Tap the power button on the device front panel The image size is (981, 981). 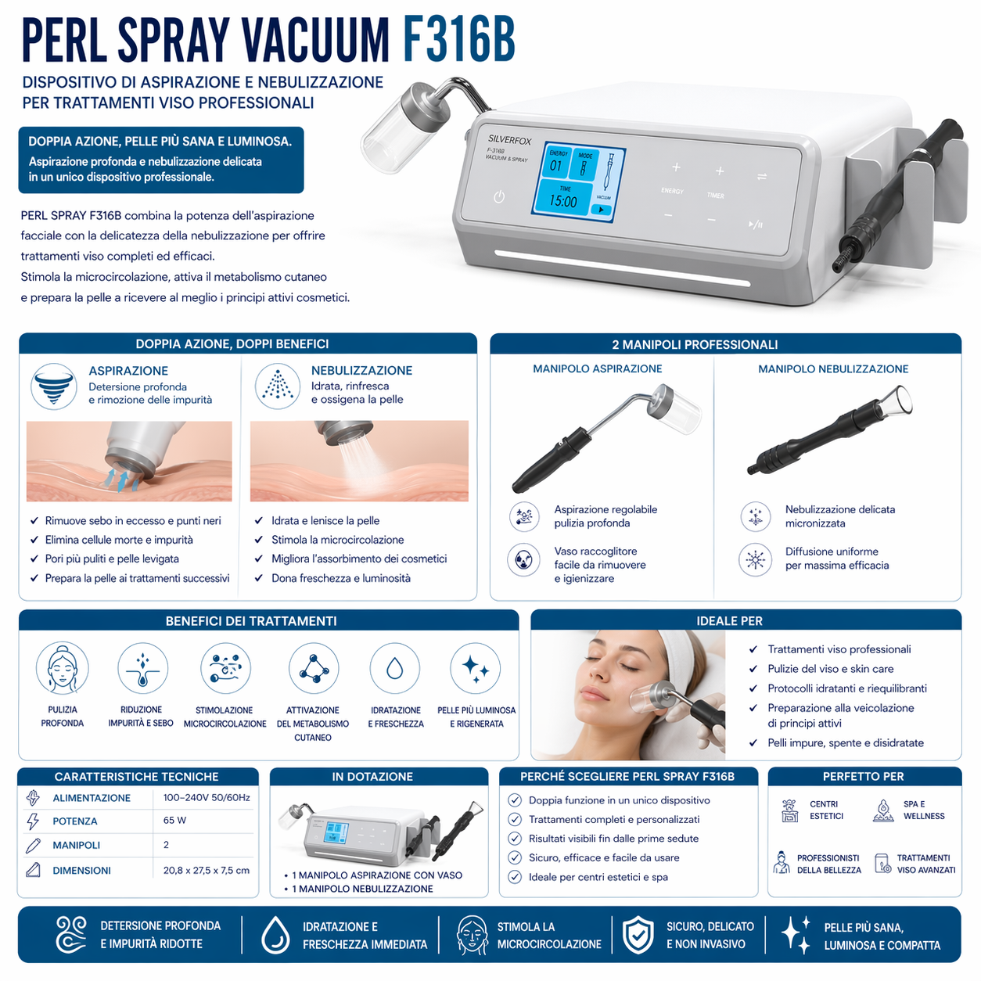pyautogui.click(x=499, y=197)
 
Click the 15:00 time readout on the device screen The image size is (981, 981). pyautogui.click(x=563, y=201)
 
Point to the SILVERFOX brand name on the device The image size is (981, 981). pyautogui.click(x=509, y=140)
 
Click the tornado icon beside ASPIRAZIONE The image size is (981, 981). pyautogui.click(x=54, y=386)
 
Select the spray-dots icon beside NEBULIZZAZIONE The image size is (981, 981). pyautogui.click(x=278, y=386)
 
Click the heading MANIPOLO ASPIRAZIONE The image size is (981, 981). pyautogui.click(x=598, y=368)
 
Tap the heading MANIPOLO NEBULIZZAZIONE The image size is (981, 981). pyautogui.click(x=833, y=368)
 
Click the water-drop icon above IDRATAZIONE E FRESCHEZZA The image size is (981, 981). pyautogui.click(x=395, y=669)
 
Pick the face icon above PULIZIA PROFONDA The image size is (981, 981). pyautogui.click(x=62, y=669)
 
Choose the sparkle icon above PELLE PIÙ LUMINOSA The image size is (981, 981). pyautogui.click(x=476, y=669)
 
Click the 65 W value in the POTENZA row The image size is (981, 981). pyautogui.click(x=174, y=821)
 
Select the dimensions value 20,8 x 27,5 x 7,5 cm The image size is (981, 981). pyautogui.click(x=207, y=870)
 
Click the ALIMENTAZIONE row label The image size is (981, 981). pyautogui.click(x=92, y=798)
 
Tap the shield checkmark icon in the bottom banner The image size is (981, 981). pyautogui.click(x=638, y=935)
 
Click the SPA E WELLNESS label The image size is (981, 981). pyautogui.click(x=924, y=810)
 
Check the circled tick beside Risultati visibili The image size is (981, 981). pyautogui.click(x=515, y=839)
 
